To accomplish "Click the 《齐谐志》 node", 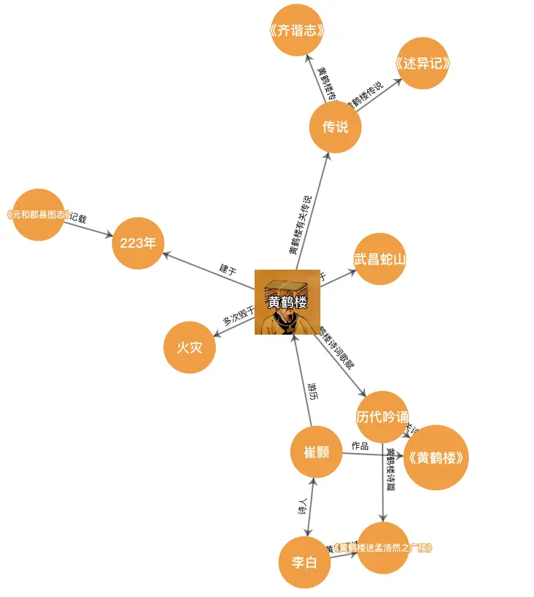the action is (x=296, y=30).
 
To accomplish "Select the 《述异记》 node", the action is (x=421, y=64).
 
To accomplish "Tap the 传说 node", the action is (x=335, y=126).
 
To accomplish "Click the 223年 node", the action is (x=138, y=243).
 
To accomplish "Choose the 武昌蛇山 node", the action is (x=380, y=259).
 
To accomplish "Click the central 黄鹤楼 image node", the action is (x=287, y=302).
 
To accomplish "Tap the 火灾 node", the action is (x=189, y=346).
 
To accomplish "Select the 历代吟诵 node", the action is (x=383, y=417).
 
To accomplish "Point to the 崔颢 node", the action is (x=316, y=452).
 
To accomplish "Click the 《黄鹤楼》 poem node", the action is (x=436, y=457).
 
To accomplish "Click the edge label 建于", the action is (x=228, y=269).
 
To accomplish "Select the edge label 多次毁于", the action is (x=239, y=316).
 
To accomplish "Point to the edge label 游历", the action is (x=313, y=392).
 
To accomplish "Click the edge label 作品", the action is (x=360, y=446).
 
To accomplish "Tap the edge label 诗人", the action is (x=303, y=507).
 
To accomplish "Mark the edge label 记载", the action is (x=78, y=217).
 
